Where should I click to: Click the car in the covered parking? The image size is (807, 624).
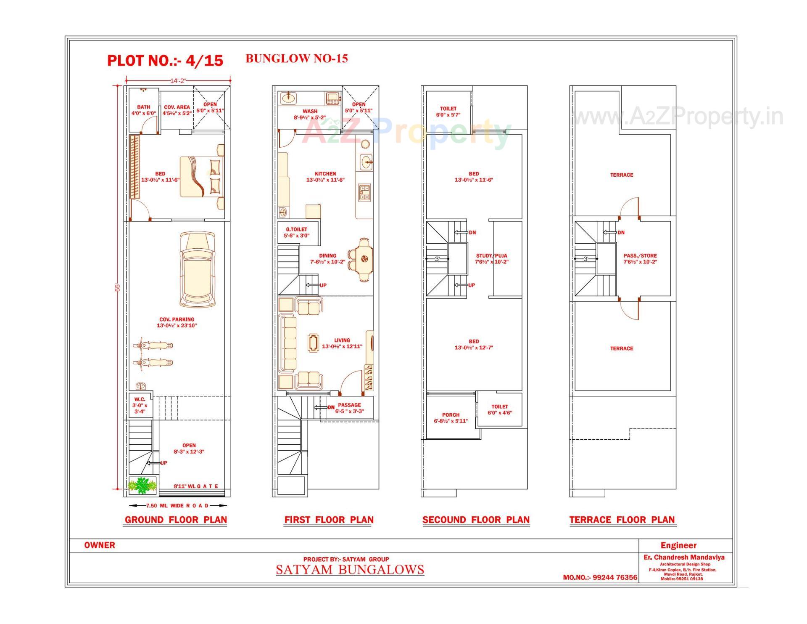click(x=198, y=269)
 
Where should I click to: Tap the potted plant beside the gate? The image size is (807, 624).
click(x=142, y=485)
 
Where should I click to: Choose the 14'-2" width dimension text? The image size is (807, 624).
click(x=178, y=80)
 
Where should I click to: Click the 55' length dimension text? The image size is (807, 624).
click(x=118, y=287)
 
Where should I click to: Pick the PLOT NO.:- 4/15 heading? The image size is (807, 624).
click(x=165, y=61)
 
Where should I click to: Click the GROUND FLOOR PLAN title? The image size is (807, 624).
click(x=176, y=520)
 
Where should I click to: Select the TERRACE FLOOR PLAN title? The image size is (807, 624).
click(x=622, y=520)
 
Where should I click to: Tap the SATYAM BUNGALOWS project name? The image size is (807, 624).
click(x=350, y=570)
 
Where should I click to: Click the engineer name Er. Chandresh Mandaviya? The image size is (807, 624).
click(x=684, y=557)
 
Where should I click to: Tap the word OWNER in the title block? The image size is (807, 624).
click(x=100, y=545)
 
